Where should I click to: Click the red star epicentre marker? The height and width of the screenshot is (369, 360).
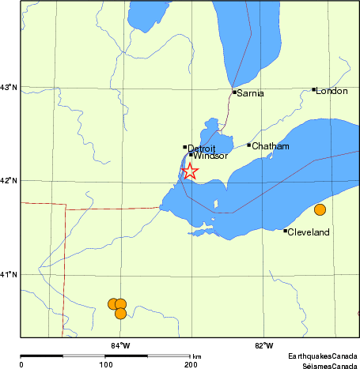(190, 171)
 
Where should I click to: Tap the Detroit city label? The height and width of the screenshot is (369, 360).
(203, 148)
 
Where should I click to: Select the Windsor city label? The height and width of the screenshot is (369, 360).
(210, 156)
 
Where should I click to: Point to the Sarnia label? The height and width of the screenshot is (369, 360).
(251, 94)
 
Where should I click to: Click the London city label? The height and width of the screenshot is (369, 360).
(332, 92)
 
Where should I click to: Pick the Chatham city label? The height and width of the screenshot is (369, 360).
(271, 146)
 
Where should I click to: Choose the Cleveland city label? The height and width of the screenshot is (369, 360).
(309, 232)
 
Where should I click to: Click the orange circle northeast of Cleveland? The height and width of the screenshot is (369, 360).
(320, 209)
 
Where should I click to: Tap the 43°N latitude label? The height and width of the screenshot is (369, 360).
(9, 87)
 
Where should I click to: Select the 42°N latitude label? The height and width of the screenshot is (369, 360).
(9, 181)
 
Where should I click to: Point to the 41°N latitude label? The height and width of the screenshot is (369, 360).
(9, 274)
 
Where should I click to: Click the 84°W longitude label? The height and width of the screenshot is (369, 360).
(120, 345)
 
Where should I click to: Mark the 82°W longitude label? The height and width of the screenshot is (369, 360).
(264, 345)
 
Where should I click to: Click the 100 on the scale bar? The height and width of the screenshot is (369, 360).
(105, 364)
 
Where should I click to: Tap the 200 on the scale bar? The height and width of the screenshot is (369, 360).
(190, 364)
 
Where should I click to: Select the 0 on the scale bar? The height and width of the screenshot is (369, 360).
(21, 364)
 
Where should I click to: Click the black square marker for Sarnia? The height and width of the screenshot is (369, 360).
(234, 92)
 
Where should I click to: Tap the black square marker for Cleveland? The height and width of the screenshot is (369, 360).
(285, 231)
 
